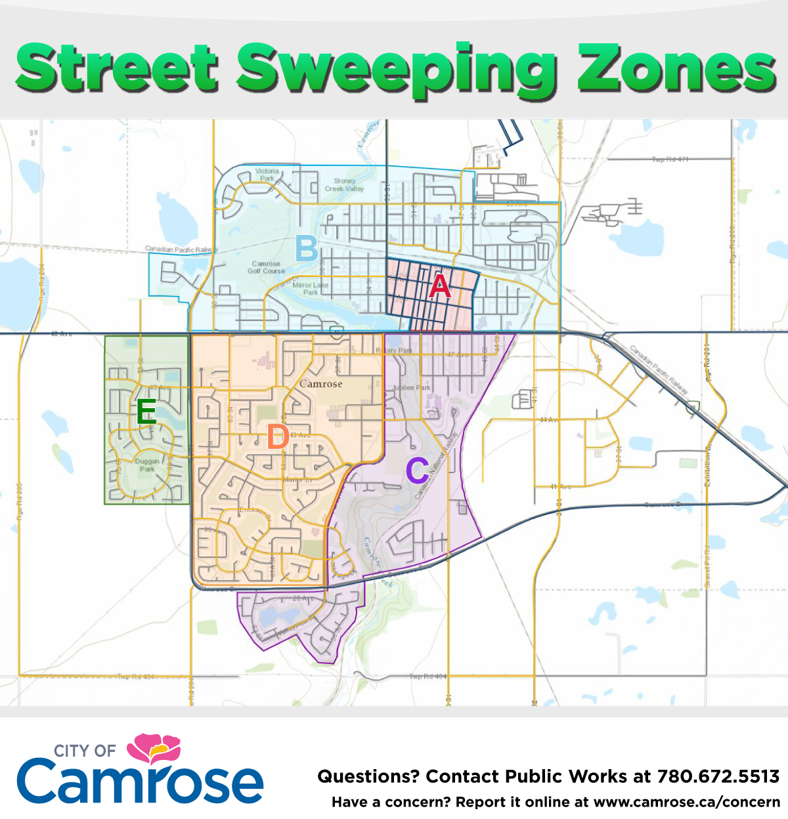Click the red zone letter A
[x=440, y=286]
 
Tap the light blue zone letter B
[x=306, y=249]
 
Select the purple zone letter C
[x=417, y=471]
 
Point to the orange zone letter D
[x=278, y=437]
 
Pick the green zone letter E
[x=146, y=412]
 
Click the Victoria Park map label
[x=267, y=175]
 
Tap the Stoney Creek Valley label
[x=344, y=184]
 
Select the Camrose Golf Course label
[x=266, y=267]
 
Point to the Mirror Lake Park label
[x=310, y=289]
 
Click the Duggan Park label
[x=147, y=465]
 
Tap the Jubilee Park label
[x=412, y=388]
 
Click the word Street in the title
[x=117, y=68]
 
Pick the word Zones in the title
[x=676, y=68]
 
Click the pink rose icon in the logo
[x=154, y=748]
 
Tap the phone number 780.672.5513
[x=718, y=776]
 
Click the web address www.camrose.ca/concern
[x=686, y=802]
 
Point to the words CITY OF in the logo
[x=85, y=751]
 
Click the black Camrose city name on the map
[x=321, y=384]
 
